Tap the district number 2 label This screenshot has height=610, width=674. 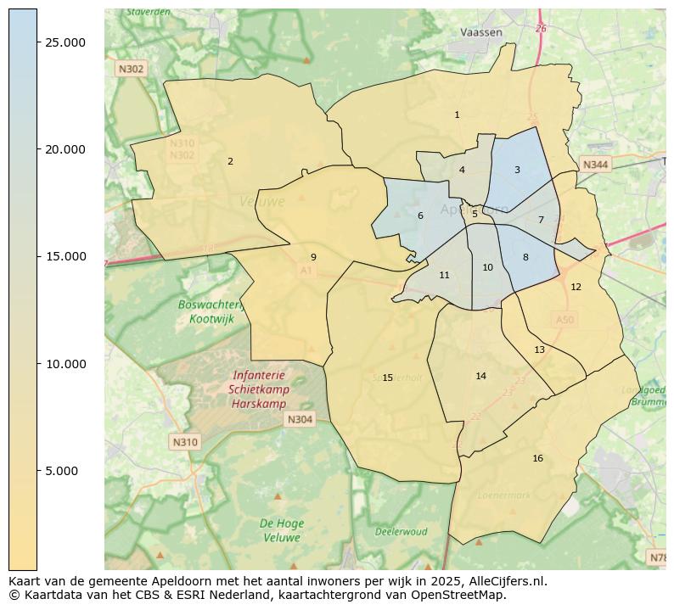point(230,161)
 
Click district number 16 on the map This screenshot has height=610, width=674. point(537,459)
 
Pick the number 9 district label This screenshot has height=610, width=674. point(313,257)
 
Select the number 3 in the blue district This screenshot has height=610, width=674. point(517,171)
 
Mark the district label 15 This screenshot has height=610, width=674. point(387,378)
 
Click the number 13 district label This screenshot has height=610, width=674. point(539,350)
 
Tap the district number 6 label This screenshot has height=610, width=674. point(420,216)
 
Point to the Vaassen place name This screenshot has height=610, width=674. point(481,32)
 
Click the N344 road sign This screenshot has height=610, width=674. point(595,165)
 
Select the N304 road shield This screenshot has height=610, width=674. point(300,419)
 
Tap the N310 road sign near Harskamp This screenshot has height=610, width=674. point(184,442)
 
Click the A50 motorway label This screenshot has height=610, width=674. point(564,320)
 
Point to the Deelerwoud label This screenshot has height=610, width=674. point(402,532)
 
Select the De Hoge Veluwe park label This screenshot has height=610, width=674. point(281,530)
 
